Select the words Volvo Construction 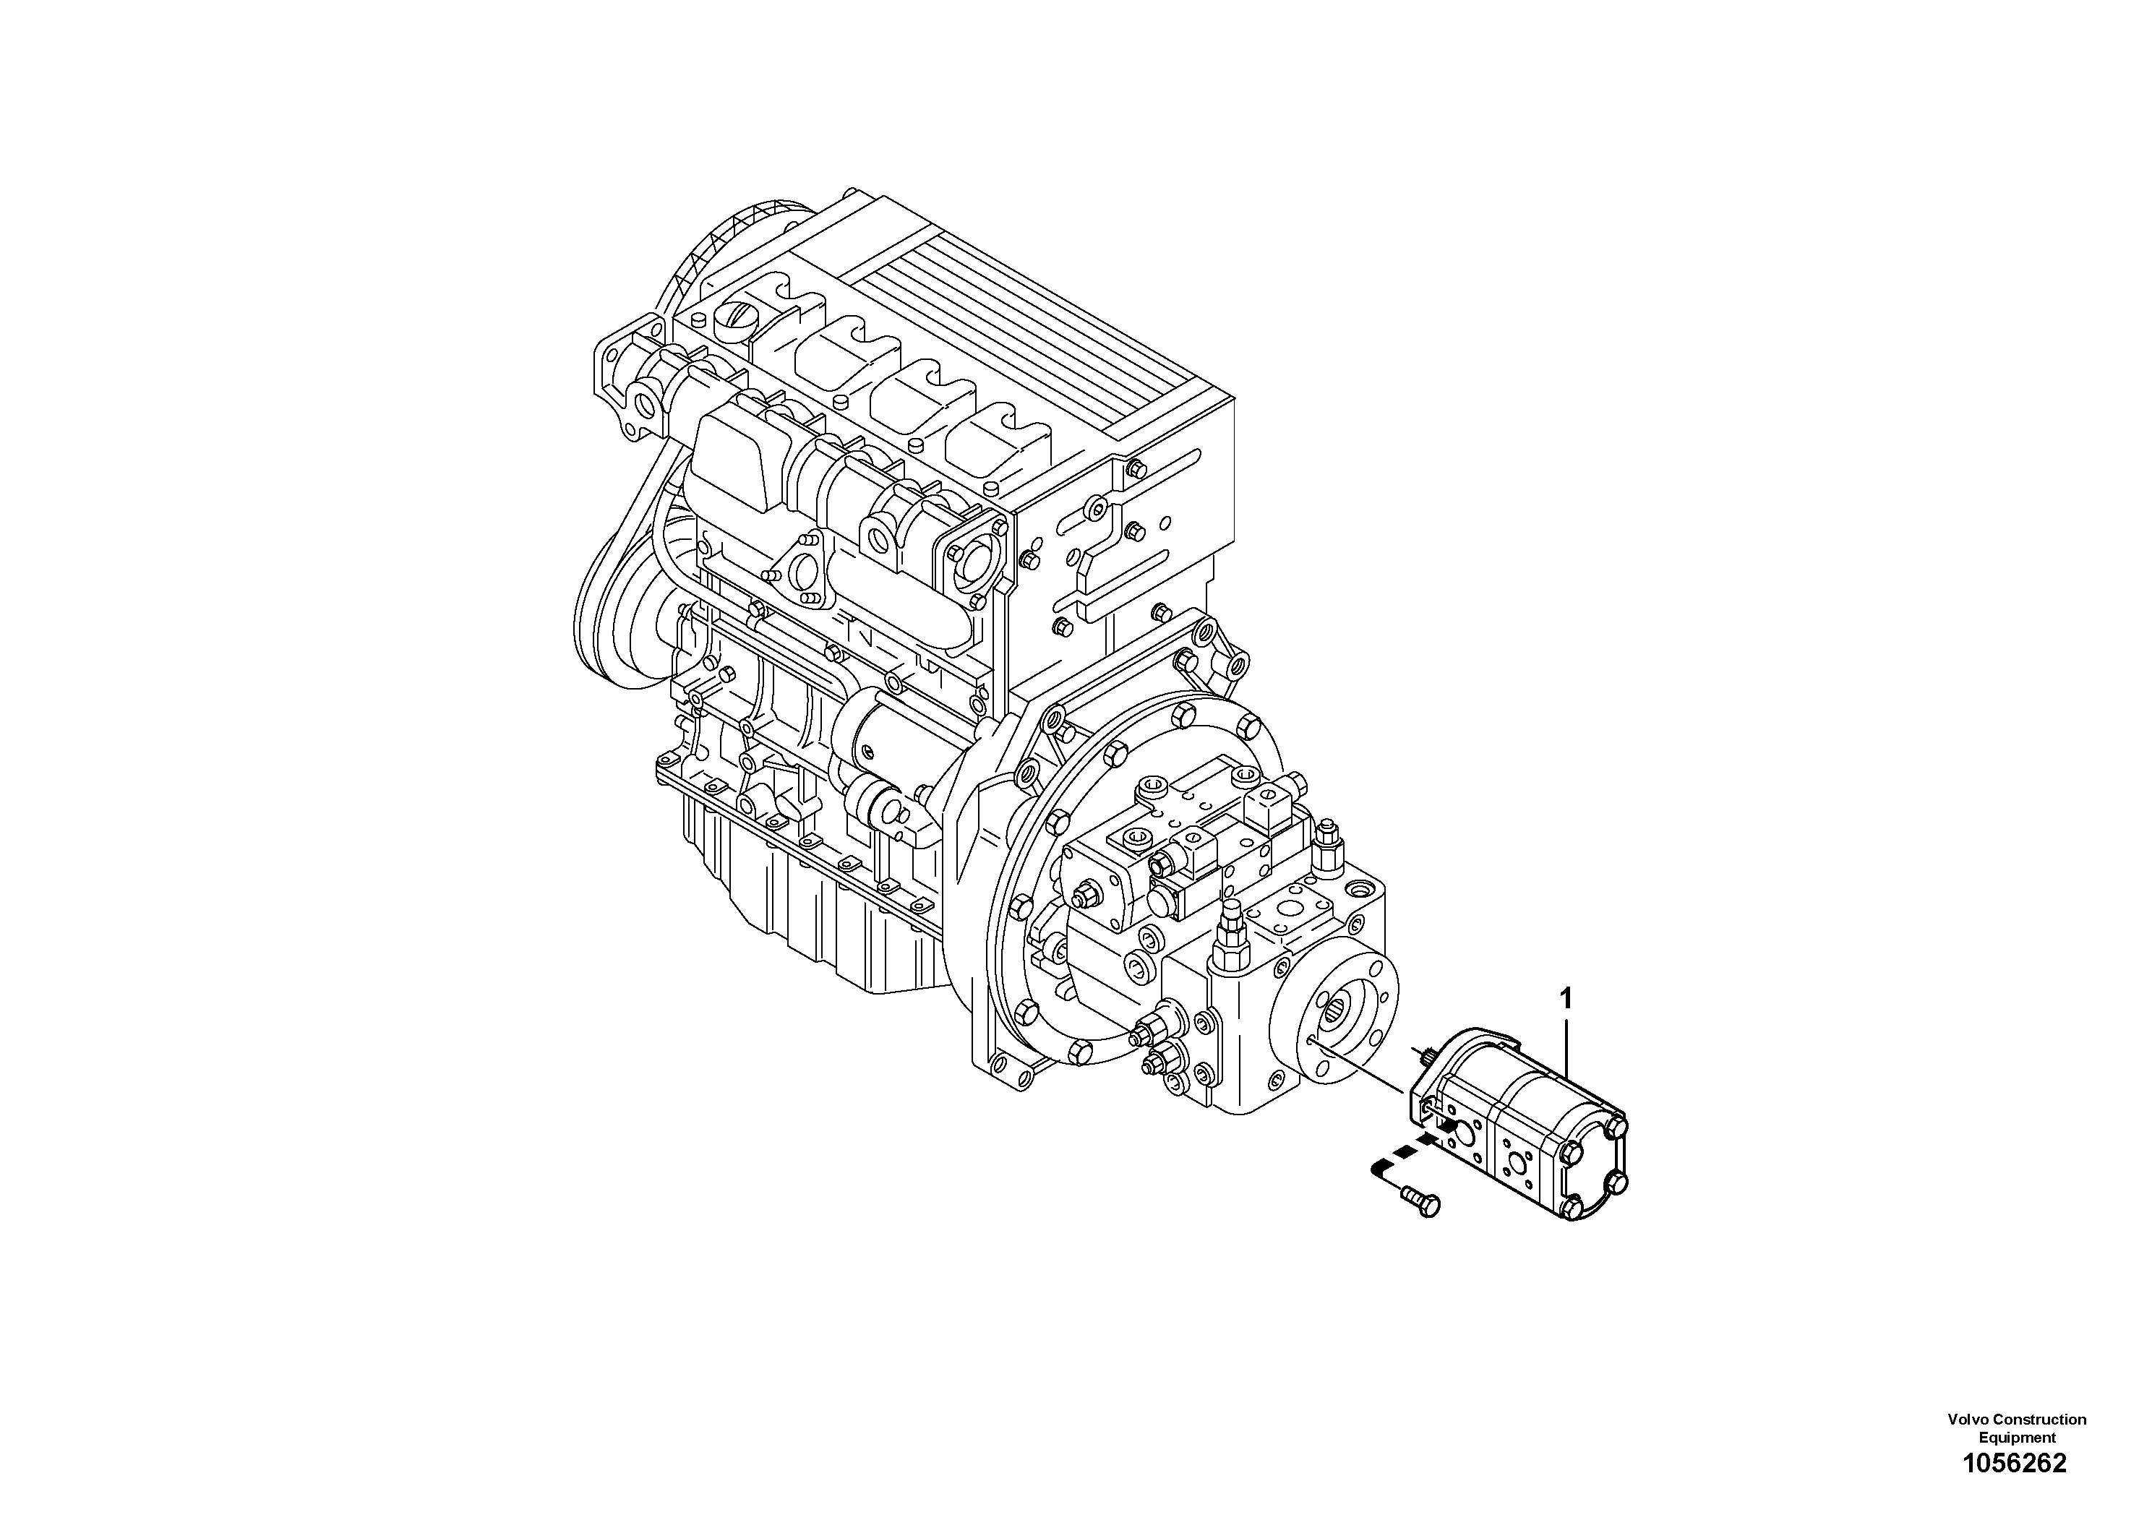(2016, 1420)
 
